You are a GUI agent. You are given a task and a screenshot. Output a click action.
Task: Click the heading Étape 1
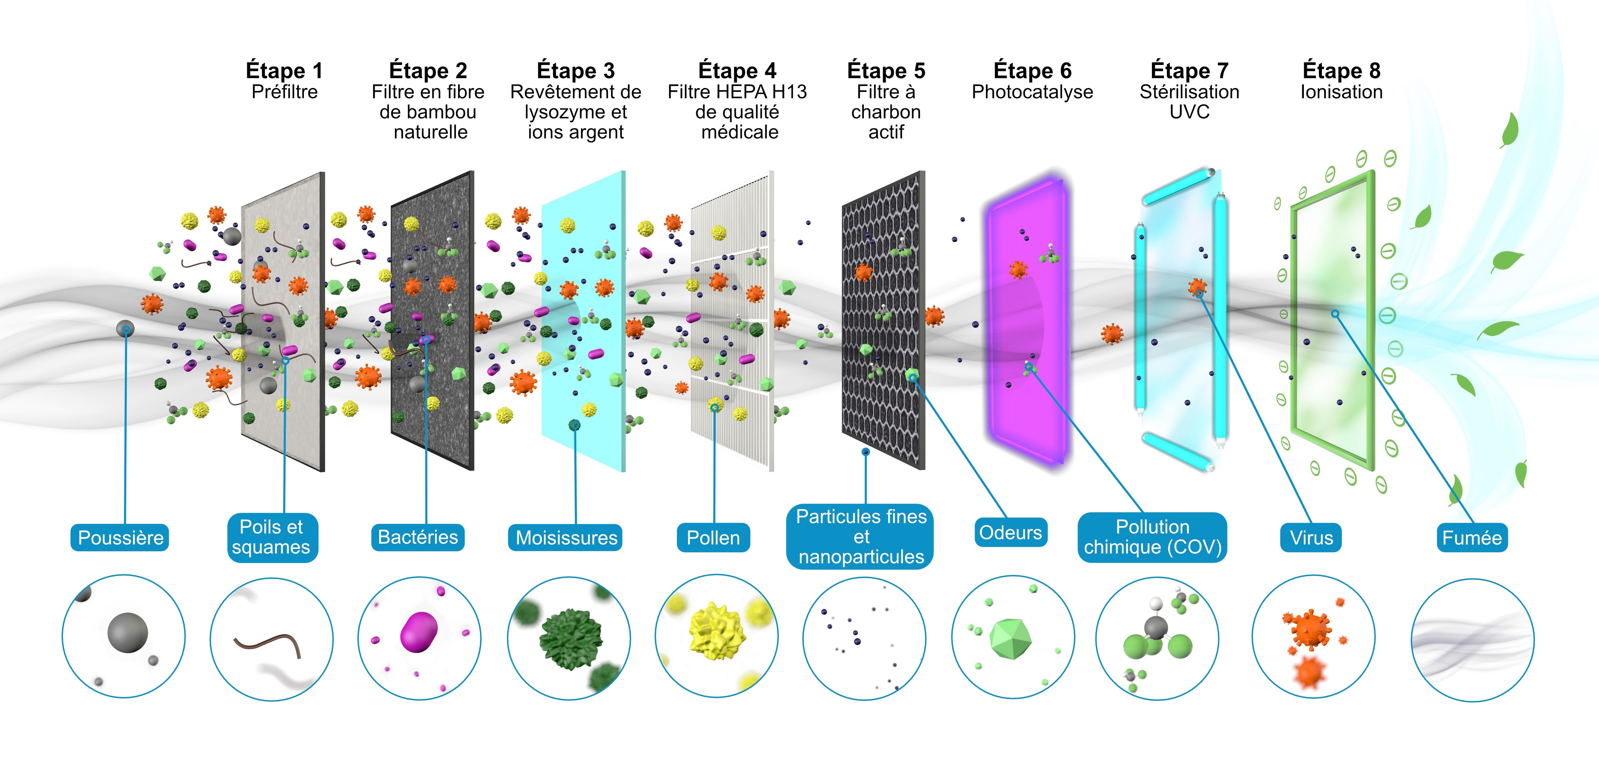click(284, 71)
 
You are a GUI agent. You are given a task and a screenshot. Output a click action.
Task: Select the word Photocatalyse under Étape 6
click(1032, 92)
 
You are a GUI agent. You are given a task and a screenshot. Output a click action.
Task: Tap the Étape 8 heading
click(1341, 71)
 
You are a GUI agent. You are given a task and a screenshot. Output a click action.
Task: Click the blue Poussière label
click(120, 538)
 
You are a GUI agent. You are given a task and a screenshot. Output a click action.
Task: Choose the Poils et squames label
click(272, 537)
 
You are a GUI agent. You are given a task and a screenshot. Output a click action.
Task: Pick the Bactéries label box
click(418, 537)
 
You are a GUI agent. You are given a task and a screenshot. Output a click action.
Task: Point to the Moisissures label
click(566, 538)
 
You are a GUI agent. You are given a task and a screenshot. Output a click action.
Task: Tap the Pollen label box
click(713, 538)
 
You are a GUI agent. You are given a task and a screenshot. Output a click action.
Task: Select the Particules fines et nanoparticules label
click(861, 536)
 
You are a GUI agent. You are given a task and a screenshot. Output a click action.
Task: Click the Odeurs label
click(1010, 533)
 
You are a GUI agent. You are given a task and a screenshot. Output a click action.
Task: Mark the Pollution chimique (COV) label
click(1152, 537)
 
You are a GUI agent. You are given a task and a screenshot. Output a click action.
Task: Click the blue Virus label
click(1311, 538)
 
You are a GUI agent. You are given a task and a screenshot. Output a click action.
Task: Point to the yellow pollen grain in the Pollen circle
click(717, 630)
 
